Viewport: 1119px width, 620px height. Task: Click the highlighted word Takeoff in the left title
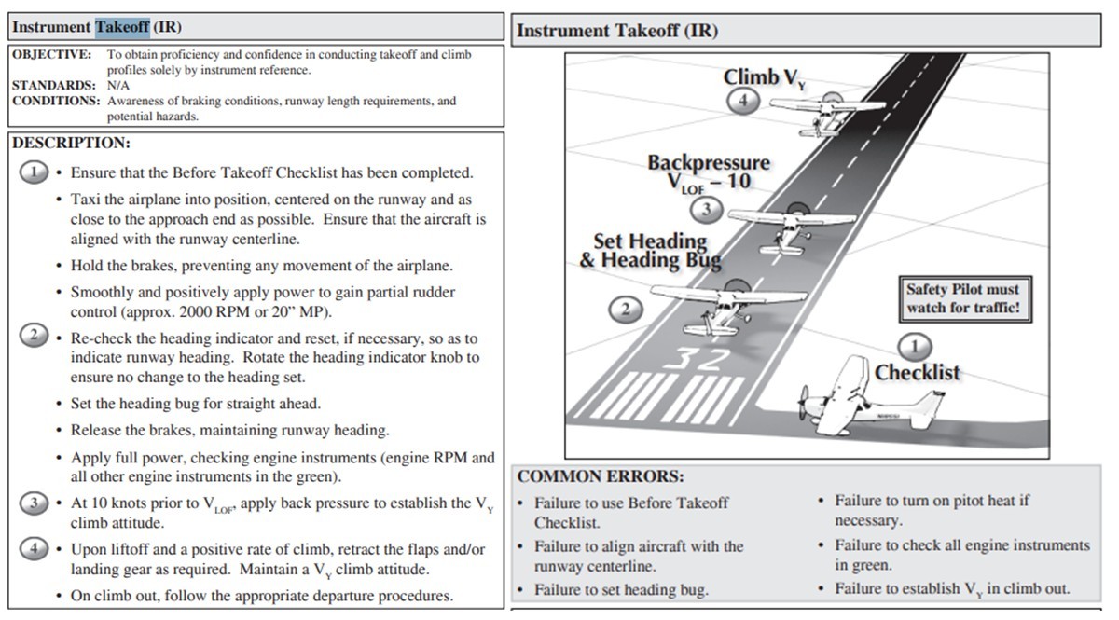122,27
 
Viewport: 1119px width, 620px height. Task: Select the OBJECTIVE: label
51,55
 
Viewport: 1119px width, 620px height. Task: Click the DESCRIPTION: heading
71,144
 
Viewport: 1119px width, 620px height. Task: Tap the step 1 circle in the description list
35,172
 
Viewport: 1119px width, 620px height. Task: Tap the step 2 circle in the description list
35,336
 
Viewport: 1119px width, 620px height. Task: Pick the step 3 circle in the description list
35,503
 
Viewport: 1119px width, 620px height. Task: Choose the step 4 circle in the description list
35,548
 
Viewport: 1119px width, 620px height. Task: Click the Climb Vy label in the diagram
764,78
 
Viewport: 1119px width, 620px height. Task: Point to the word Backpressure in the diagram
709,163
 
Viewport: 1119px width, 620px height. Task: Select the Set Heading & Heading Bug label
650,251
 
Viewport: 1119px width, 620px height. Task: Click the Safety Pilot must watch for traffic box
964,298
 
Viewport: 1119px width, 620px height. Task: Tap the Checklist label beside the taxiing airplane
917,373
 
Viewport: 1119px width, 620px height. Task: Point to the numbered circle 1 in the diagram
915,347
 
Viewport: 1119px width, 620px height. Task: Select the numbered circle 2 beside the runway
626,310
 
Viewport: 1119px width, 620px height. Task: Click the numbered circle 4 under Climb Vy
743,101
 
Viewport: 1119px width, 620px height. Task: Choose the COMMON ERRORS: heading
601,476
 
